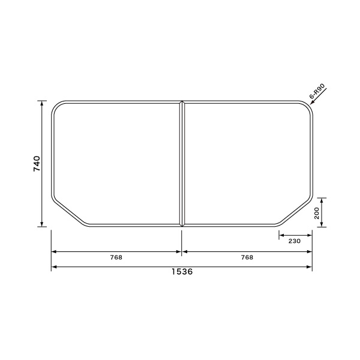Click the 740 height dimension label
37,163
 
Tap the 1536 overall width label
182,272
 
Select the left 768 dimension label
116,257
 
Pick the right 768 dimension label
247,257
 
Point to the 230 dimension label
295,241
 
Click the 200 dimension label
317,213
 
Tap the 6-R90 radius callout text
317,91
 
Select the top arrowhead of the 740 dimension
42,103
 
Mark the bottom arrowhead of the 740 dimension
42,224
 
